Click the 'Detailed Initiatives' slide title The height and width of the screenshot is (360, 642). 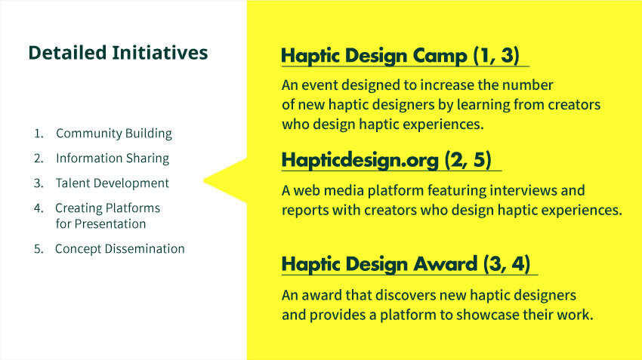(x=118, y=53)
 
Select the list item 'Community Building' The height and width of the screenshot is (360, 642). (x=114, y=134)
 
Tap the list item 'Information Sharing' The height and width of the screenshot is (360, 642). (x=113, y=158)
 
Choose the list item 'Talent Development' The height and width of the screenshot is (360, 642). (x=113, y=183)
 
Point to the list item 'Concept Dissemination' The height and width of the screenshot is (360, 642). (x=119, y=249)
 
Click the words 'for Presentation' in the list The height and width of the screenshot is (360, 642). (x=100, y=223)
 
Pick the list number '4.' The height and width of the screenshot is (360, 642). (x=39, y=208)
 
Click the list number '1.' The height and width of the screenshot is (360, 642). (x=39, y=134)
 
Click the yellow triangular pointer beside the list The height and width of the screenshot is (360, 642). (x=225, y=180)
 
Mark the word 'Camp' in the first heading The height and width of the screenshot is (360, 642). (x=440, y=56)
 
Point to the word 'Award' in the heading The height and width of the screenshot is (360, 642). (x=445, y=264)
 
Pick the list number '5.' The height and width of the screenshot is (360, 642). (x=39, y=249)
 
